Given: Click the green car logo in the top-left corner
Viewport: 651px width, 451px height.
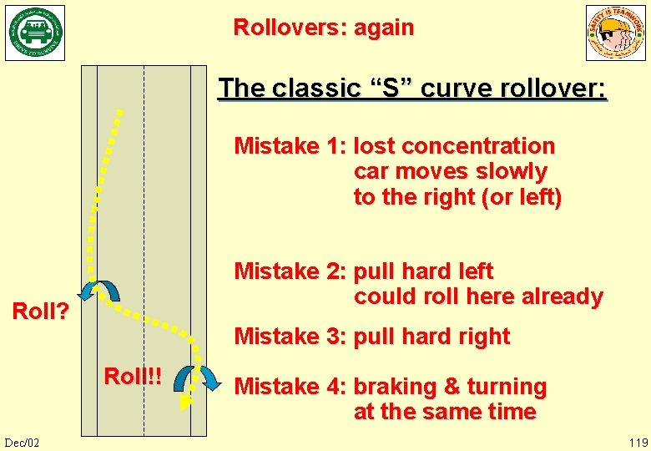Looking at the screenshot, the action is pos(35,33).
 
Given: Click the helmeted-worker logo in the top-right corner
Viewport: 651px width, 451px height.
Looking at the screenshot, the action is pos(615,33).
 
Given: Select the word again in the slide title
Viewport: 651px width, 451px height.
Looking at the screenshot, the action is pos(384,28).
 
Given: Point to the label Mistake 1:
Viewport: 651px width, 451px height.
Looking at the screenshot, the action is pos(290,146).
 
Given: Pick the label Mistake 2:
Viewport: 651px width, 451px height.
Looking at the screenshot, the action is pos(290,271).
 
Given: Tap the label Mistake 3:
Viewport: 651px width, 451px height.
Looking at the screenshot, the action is pos(290,337).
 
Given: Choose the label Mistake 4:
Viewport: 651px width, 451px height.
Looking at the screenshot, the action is pos(290,387).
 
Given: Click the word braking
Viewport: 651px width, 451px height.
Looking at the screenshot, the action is pos(395,387).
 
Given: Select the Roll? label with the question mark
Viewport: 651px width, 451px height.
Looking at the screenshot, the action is pos(39,312).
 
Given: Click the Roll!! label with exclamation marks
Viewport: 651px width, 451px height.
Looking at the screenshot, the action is pos(133,376).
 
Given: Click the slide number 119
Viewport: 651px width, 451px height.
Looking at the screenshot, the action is pos(638,442).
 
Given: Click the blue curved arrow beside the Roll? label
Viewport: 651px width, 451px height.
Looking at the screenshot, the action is pos(99,289).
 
